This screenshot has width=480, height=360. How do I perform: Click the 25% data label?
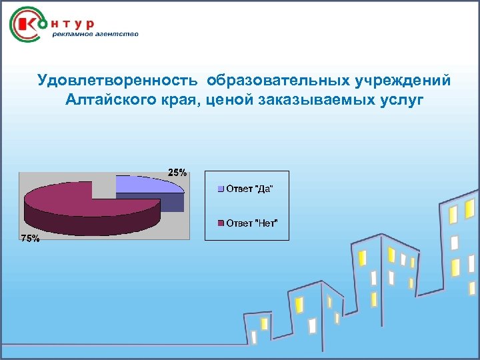pyautogui.click(x=177, y=172)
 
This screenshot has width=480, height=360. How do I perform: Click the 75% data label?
pyautogui.click(x=30, y=239)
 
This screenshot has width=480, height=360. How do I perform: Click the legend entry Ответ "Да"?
pyautogui.click(x=249, y=189)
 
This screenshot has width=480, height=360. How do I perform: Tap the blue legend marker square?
pyautogui.click(x=221, y=189)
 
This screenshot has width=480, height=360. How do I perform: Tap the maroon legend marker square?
pyautogui.click(x=221, y=223)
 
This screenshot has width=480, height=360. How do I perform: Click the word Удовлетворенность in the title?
pyautogui.click(x=117, y=81)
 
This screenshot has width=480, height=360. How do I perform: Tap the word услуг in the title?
pyautogui.click(x=399, y=100)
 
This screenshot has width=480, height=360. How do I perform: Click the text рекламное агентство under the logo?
pyautogui.click(x=95, y=35)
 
